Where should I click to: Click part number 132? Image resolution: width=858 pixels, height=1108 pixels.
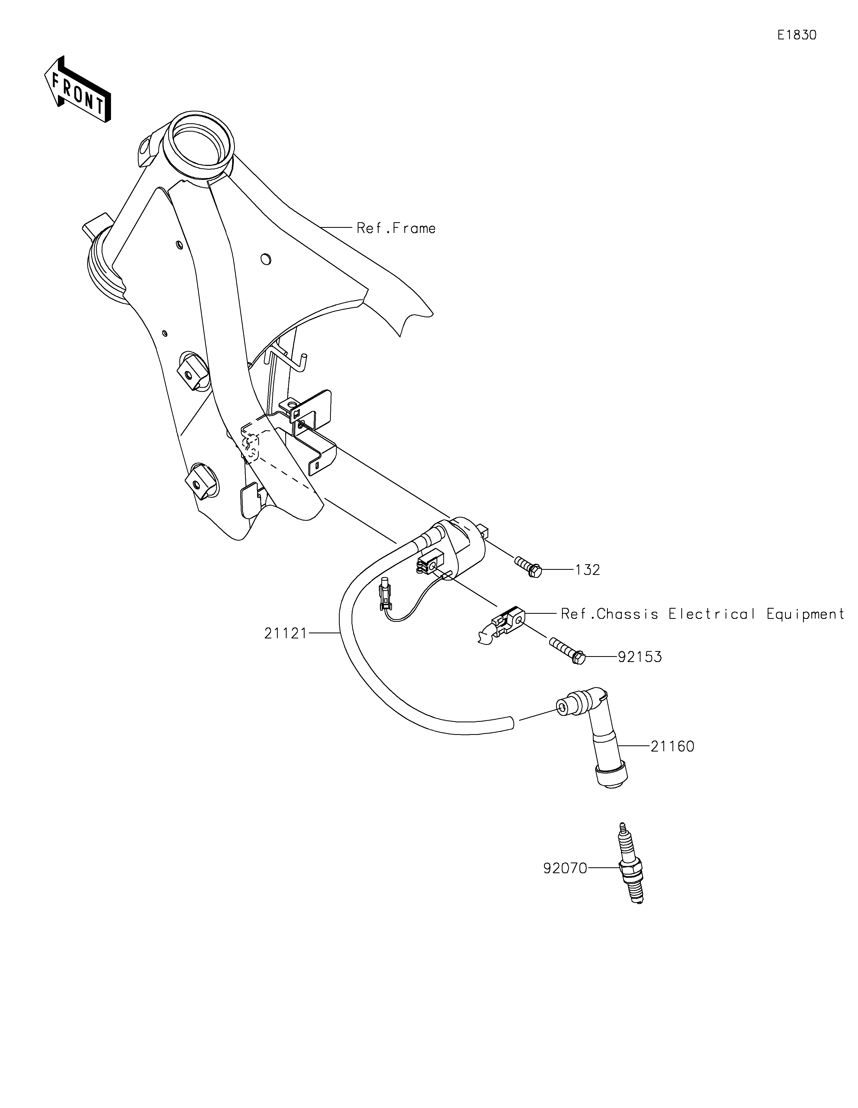tap(587, 570)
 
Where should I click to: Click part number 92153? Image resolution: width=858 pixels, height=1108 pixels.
tap(640, 657)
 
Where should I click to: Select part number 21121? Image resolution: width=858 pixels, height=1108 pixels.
tap(286, 633)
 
